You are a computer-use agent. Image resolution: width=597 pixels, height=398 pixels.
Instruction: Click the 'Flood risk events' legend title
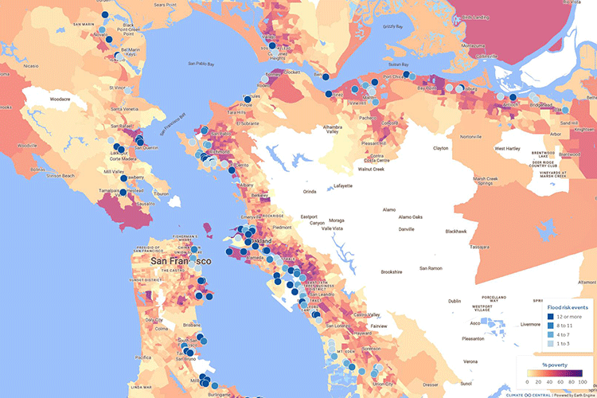(568, 306)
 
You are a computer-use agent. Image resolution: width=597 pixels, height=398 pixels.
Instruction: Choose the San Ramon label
(429, 268)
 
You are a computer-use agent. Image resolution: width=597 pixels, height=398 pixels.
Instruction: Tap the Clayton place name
(440, 148)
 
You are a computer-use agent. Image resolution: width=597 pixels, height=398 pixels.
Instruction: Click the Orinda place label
(310, 191)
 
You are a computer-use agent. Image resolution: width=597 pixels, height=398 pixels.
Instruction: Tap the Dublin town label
(455, 301)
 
